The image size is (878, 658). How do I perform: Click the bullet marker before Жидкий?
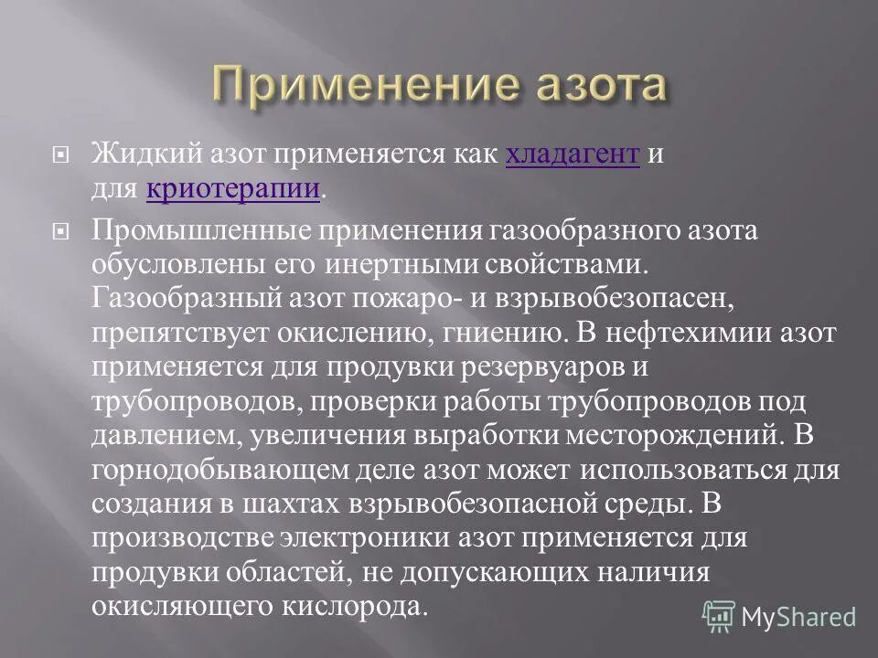[63, 156]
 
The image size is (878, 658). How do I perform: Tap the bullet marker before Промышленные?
[63, 232]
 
